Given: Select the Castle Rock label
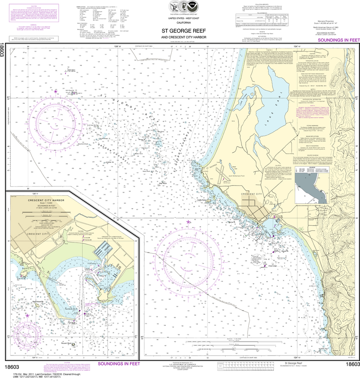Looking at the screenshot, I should (202, 200).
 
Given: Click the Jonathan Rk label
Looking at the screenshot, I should (109, 162).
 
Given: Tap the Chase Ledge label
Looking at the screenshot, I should (272, 265).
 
